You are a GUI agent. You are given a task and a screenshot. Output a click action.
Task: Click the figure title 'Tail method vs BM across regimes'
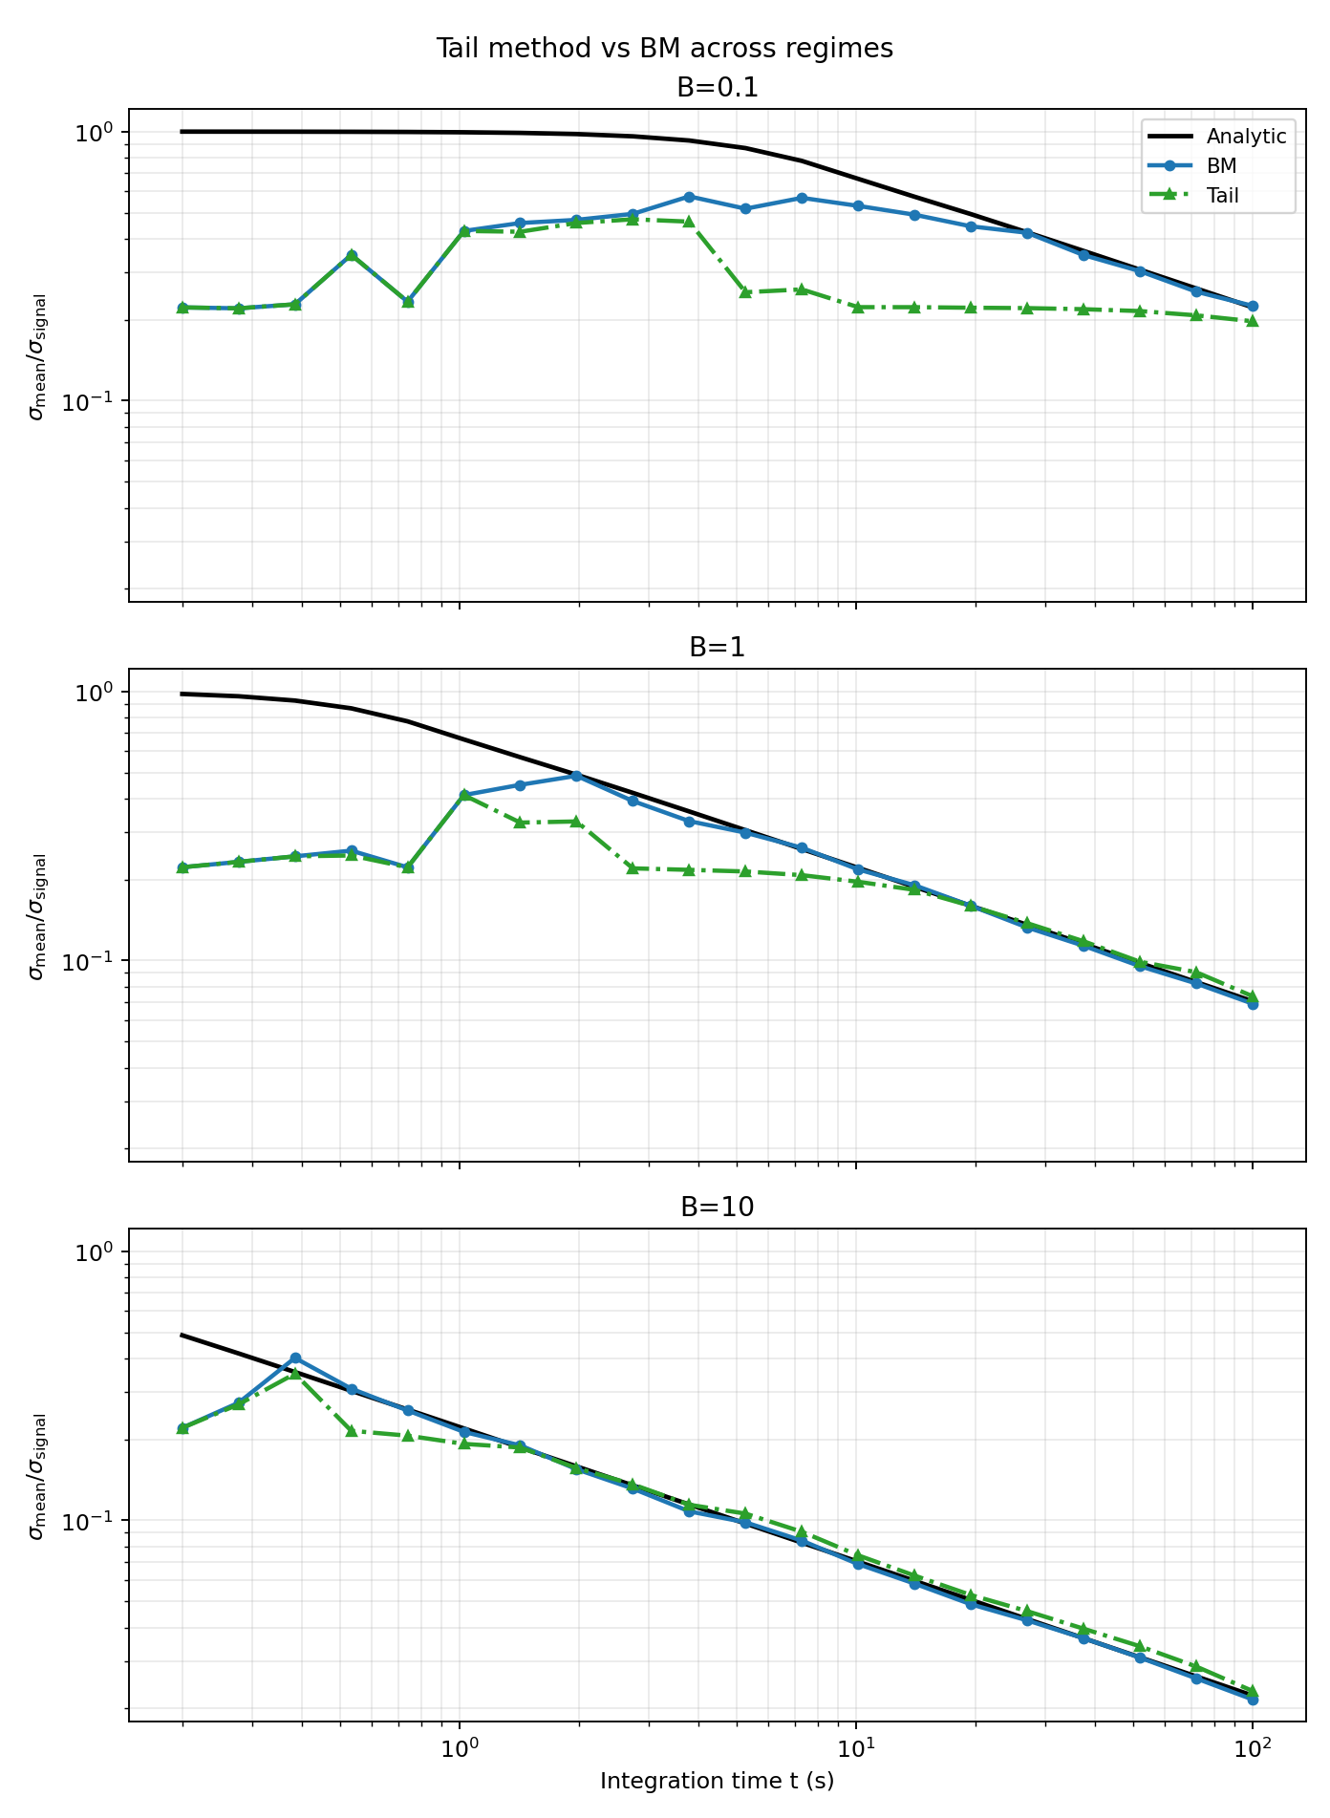[664, 49]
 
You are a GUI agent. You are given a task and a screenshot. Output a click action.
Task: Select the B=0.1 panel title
[717, 88]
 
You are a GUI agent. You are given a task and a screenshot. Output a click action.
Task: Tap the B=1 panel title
[717, 648]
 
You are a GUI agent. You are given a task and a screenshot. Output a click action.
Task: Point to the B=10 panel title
[717, 1208]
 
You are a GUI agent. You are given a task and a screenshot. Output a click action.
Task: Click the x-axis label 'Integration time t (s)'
[717, 1781]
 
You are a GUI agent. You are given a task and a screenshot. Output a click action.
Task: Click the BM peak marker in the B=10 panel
[295, 1358]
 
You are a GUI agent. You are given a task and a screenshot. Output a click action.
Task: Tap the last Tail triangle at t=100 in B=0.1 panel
[1253, 321]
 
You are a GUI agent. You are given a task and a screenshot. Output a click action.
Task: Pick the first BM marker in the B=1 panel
[182, 867]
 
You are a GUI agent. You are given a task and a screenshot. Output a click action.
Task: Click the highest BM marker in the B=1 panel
[576, 776]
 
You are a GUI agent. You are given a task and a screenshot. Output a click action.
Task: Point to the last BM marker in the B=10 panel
[1253, 1700]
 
